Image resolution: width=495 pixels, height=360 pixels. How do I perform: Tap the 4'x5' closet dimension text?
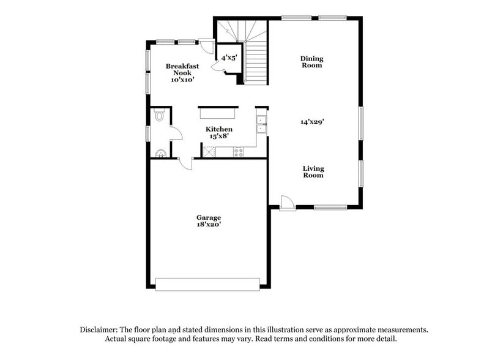[229, 58]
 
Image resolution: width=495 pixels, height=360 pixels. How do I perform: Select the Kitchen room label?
[218, 129]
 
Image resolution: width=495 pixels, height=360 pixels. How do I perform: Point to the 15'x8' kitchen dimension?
[218, 137]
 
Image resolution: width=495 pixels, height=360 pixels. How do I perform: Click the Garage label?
[208, 217]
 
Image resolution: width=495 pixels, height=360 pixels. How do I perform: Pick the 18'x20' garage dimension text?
[208, 225]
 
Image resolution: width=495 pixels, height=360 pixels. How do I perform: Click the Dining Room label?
[311, 62]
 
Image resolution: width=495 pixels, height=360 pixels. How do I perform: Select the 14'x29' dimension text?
[311, 121]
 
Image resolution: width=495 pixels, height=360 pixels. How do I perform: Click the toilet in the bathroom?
[160, 114]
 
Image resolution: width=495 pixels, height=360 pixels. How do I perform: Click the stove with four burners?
[239, 151]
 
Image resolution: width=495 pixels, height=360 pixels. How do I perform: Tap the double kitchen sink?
[261, 124]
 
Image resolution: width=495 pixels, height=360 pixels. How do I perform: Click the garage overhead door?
[207, 283]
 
